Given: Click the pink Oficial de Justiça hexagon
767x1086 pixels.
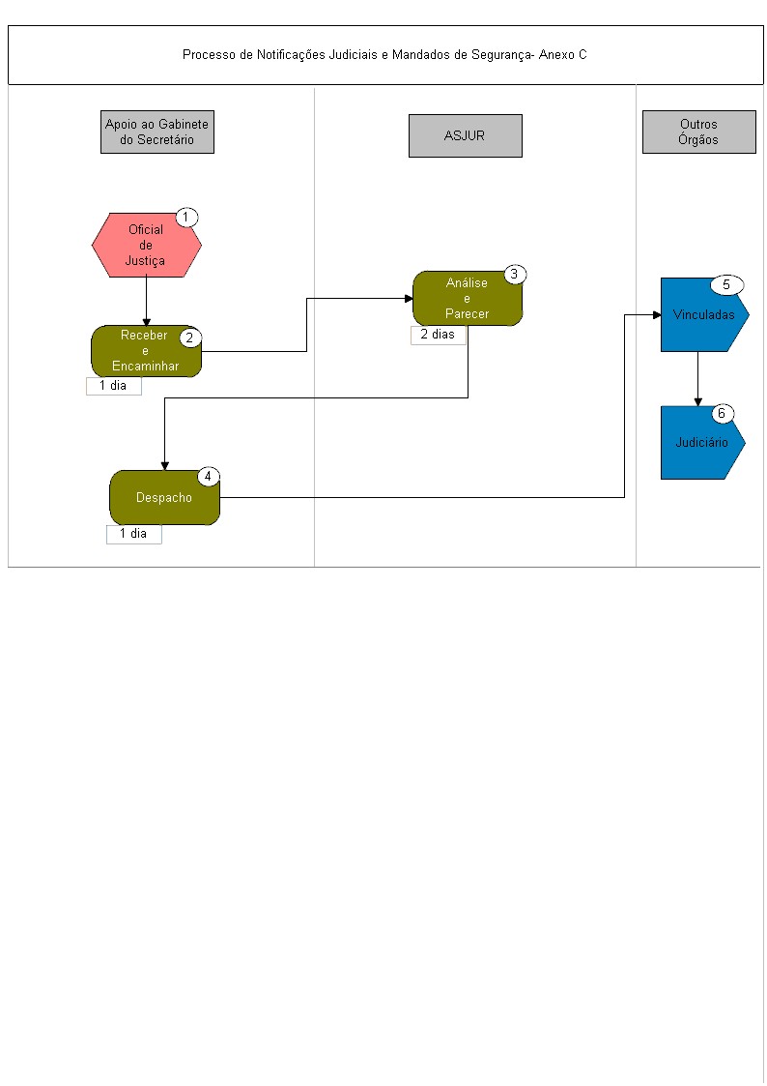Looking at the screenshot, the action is coord(146,246).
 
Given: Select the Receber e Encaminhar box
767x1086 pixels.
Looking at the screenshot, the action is coord(146,351).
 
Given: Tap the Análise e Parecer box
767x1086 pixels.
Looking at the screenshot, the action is coord(467,299).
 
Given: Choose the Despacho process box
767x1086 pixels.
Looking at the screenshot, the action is coord(164,497).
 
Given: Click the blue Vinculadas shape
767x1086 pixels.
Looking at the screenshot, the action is coord(702,315).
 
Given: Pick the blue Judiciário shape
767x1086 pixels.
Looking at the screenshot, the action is coord(701,443).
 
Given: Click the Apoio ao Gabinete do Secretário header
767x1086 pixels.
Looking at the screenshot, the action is coord(157,132).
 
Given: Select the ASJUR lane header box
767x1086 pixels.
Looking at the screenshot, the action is coord(466,135).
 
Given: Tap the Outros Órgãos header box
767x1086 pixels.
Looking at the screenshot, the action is coord(699,132).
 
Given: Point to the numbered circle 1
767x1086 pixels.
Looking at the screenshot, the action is coord(186,218).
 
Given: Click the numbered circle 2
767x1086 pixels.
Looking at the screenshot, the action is coord(190,338).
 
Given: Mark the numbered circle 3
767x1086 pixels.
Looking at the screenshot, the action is coord(515,275).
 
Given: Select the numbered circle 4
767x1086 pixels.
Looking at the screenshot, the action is coord(209,477).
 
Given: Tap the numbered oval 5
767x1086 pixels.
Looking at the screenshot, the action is coord(726,284).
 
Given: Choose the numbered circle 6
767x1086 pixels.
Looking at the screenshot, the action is coord(722,414).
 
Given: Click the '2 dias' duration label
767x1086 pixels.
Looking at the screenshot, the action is coord(438,335).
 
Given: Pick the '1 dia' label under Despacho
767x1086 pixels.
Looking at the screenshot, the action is coord(133,534).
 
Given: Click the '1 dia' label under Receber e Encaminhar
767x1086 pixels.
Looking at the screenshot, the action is coord(113,386).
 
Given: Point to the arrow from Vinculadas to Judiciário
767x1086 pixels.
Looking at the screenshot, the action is coord(697,379).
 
